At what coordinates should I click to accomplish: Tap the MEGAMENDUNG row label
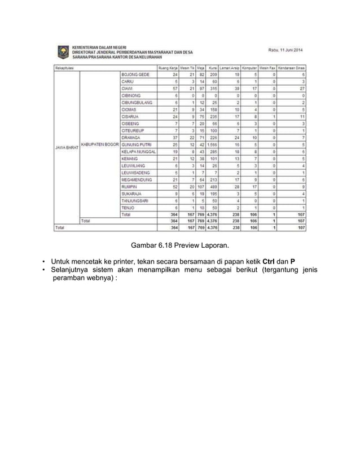pos(138,179)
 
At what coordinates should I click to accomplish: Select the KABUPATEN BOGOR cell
pos(99,144)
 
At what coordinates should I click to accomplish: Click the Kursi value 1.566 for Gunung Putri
pos(212,145)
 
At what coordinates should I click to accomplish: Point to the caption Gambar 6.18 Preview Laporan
pos(179,245)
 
